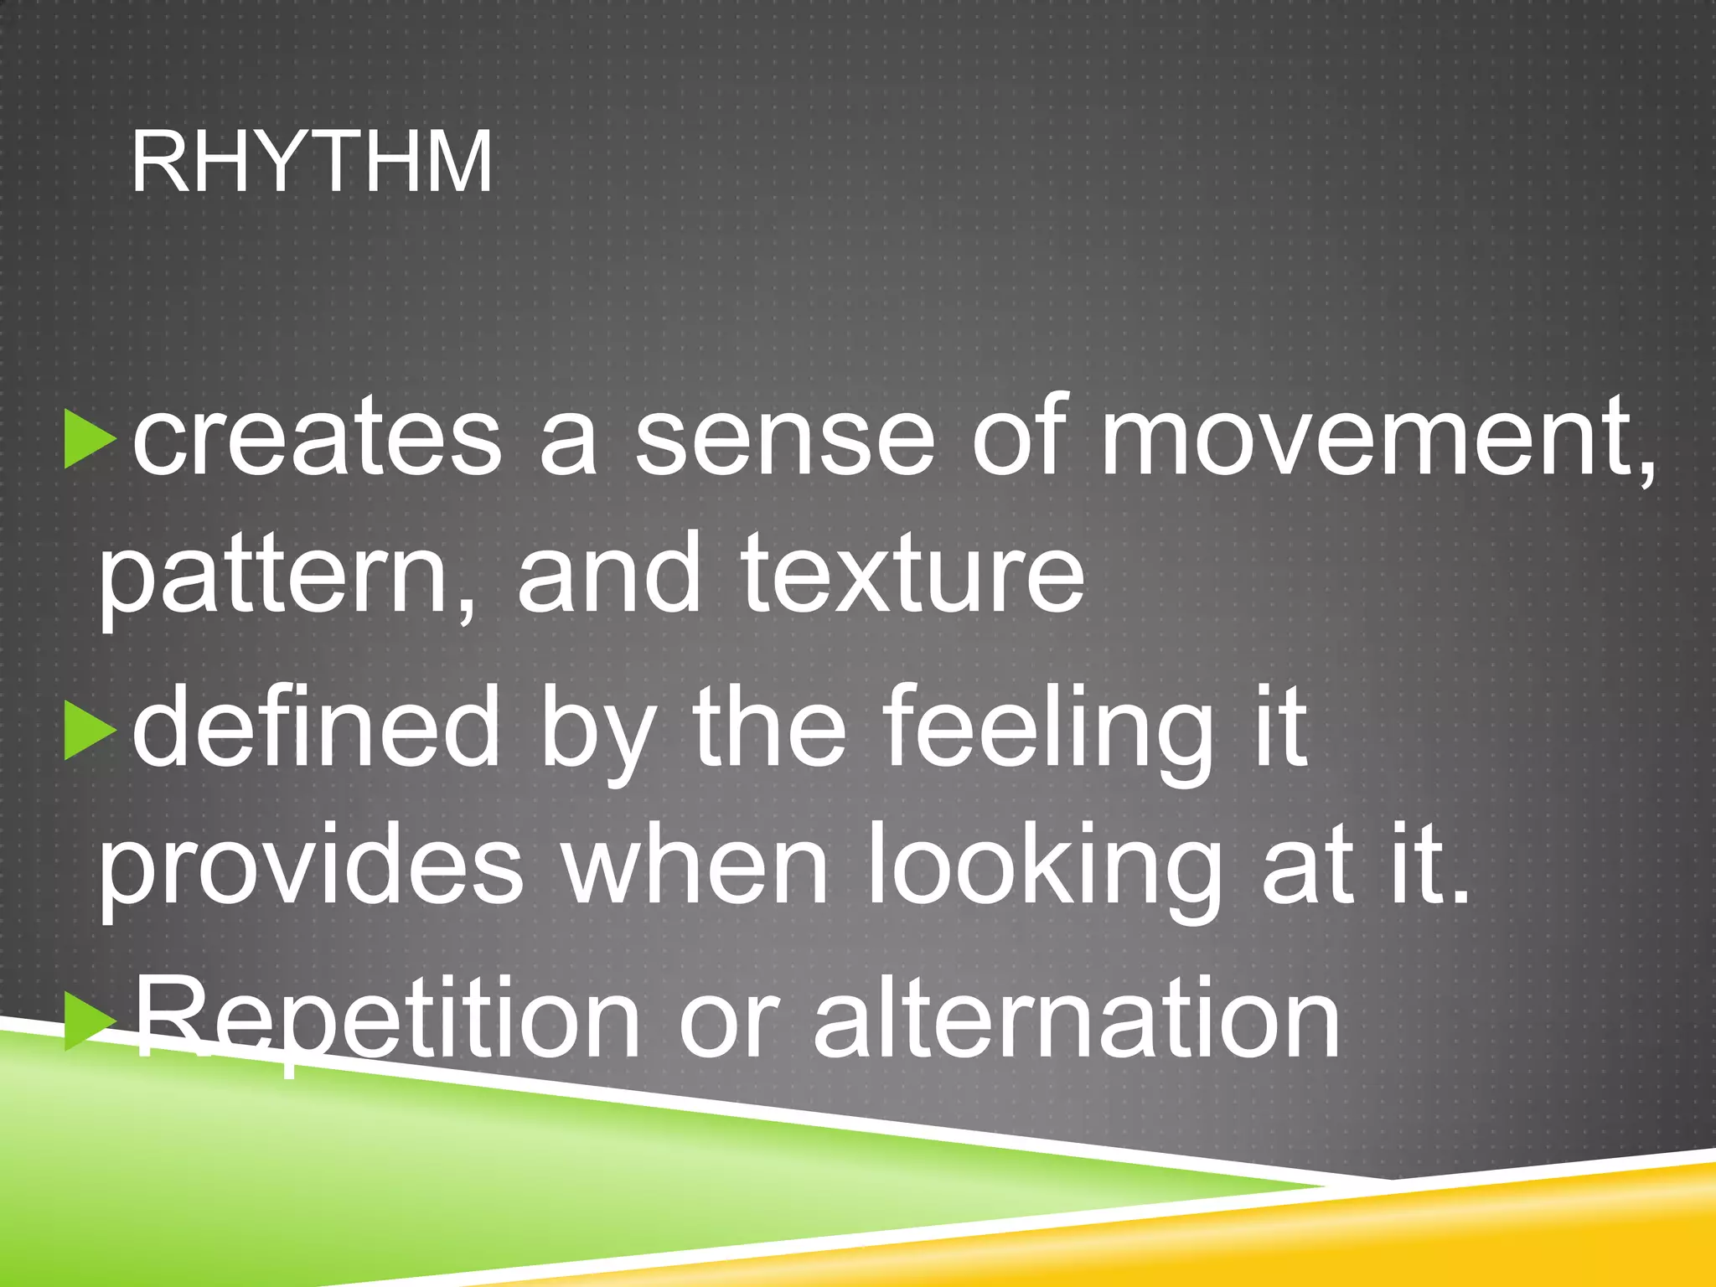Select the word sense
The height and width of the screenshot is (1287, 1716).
point(784,437)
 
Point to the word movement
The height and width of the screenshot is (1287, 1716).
point(1374,437)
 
